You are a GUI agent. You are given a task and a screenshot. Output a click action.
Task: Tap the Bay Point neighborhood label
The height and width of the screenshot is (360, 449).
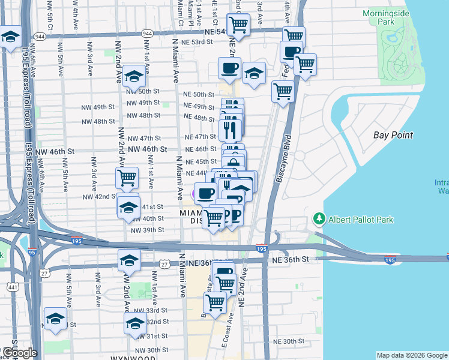coord(393,135)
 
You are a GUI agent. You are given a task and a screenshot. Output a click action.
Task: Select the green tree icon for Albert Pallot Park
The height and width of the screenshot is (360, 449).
coord(319,220)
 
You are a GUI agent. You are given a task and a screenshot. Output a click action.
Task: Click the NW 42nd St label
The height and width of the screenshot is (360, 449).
coord(99,197)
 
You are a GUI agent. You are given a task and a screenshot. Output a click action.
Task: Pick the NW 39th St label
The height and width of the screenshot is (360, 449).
coord(147,230)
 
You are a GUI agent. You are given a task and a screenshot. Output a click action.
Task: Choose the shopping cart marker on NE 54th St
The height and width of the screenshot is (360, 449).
coord(238,25)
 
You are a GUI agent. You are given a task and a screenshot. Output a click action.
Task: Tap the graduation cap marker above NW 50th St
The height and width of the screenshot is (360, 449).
coord(135,76)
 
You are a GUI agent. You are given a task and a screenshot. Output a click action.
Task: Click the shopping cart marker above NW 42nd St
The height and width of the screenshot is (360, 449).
coord(127,178)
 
